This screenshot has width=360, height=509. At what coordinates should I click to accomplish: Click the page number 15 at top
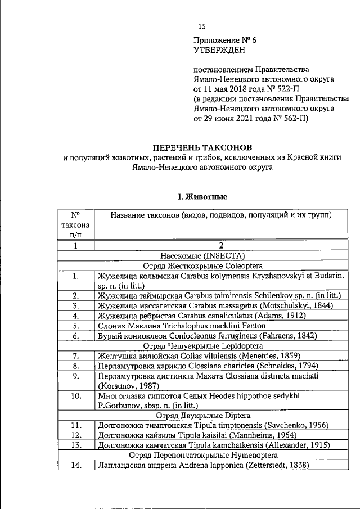[202, 26]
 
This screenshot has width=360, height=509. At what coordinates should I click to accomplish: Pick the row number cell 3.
[75, 305]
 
